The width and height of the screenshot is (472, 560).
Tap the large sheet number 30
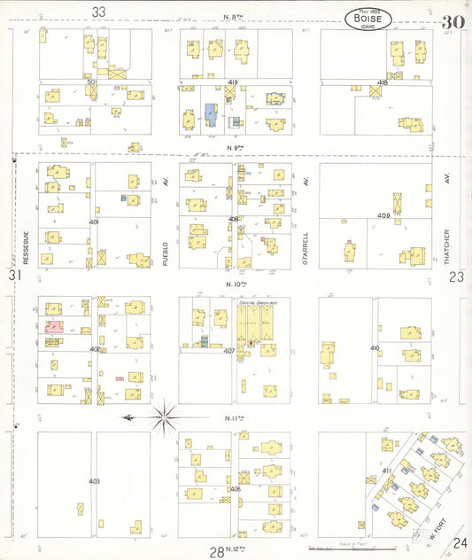[x=453, y=21]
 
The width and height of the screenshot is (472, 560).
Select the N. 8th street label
[x=234, y=18]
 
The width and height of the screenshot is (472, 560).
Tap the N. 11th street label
[x=235, y=418]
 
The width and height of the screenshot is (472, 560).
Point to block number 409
[x=383, y=215]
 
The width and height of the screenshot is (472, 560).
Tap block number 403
[x=94, y=481]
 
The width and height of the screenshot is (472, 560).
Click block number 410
[x=375, y=348]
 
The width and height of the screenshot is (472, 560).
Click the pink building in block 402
[x=53, y=327]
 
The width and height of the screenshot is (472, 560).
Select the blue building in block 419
[x=211, y=113]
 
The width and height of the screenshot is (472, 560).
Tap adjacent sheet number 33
[x=98, y=12]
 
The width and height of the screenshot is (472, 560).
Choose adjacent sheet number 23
[x=456, y=276]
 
